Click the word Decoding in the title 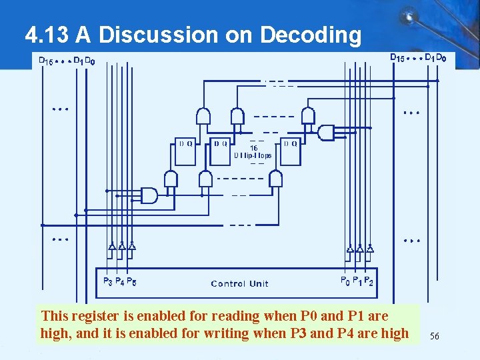[311, 35]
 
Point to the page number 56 [435, 337]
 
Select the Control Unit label [239, 284]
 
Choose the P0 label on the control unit [345, 281]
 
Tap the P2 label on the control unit [369, 281]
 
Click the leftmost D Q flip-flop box [185, 152]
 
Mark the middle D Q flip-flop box [220, 152]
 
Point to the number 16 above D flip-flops [253, 147]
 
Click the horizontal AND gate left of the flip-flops [149, 195]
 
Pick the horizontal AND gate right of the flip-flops [326, 132]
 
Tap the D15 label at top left [46, 61]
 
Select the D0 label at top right [441, 58]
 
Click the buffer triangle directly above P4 [122, 246]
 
